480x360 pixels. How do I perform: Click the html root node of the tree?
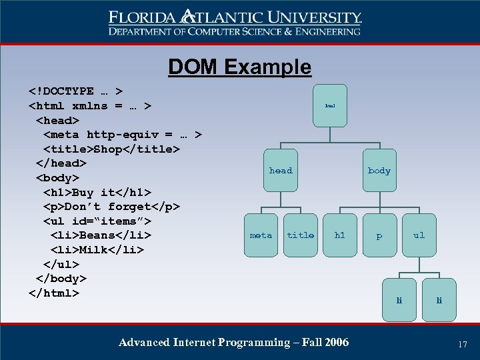330,105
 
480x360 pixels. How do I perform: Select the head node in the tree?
281,171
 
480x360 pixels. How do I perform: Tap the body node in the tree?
379,171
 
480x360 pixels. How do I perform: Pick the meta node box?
261,235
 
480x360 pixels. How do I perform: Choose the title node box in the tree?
301,235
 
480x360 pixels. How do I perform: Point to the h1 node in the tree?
340,235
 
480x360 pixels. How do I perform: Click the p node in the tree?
379,235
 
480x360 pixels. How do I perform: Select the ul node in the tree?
419,235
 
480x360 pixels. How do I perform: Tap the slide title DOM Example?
239,67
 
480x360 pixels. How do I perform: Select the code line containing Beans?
101,235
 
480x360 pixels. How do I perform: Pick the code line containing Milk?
97,249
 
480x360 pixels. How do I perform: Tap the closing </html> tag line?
54,293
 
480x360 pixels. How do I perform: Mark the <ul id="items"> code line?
97,221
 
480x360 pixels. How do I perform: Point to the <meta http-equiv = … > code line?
123,134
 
